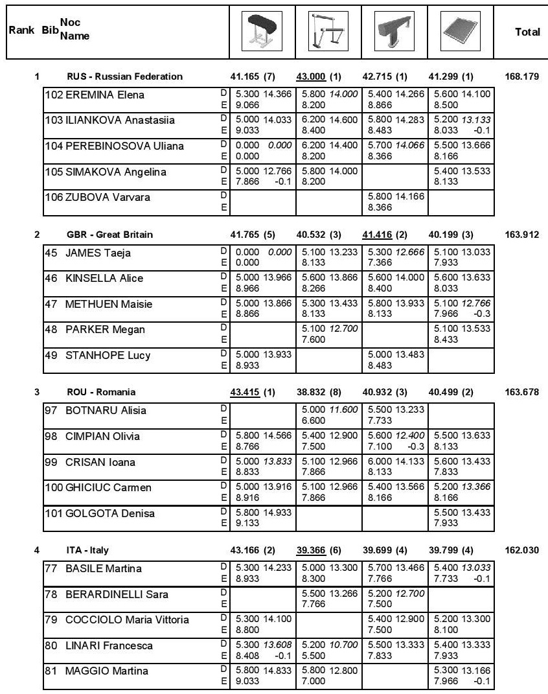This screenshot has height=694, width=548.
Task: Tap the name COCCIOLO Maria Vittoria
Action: pos(127,620)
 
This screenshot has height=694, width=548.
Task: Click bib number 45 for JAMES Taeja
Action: pos(51,253)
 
